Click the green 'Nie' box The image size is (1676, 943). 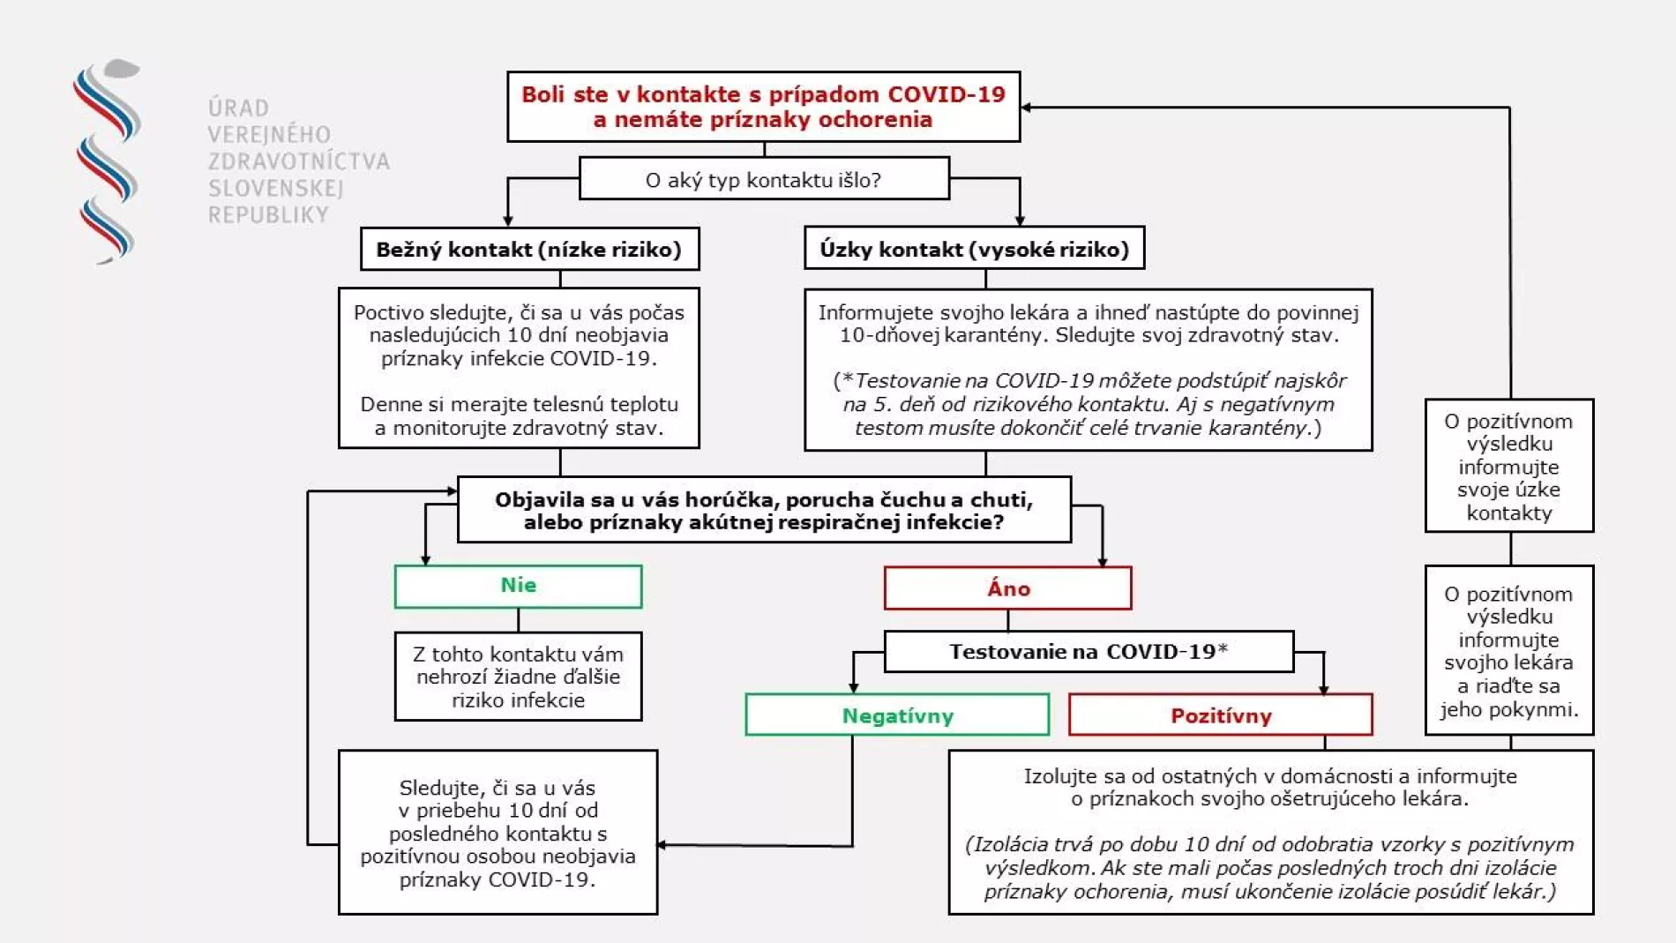coord(518,587)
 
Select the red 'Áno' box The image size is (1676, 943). coord(1007,588)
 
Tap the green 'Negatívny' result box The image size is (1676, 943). coord(897,715)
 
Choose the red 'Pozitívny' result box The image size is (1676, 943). coord(1220,715)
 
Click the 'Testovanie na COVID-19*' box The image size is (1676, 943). coord(1089,652)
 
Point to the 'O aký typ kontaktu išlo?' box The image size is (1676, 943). coord(764,179)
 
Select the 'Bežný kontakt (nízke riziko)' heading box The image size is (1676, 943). coord(529,249)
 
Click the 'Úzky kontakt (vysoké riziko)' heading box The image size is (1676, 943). coord(974,249)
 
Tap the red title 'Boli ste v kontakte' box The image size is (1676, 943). coord(763,107)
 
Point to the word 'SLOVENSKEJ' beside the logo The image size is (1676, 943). coord(264,188)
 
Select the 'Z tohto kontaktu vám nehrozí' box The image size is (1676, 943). coord(518,677)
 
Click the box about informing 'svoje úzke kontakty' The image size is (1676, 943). coord(1508,466)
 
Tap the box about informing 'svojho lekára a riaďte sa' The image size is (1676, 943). coord(1508,651)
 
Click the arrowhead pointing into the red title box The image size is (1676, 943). coord(1027,108)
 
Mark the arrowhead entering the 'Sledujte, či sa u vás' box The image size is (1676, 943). coord(662,845)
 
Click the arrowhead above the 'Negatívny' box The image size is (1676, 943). coord(853,687)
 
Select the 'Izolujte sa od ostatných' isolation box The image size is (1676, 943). coord(1270,832)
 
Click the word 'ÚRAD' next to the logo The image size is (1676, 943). coord(238,108)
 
